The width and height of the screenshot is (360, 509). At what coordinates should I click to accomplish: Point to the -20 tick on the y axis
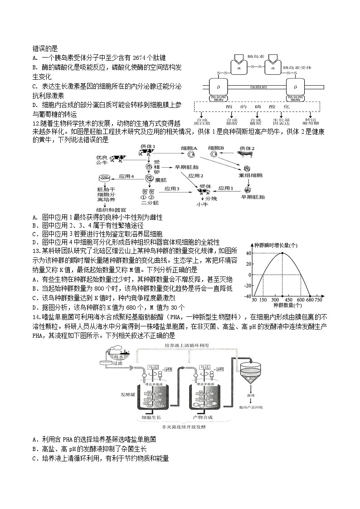248,286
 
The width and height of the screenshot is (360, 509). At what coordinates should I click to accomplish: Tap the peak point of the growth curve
282,253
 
